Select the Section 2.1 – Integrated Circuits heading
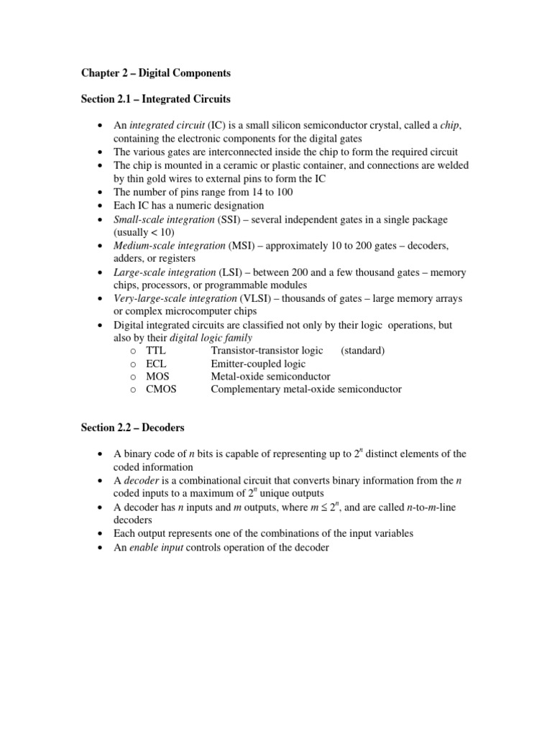[155, 98]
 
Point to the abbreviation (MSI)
[240, 246]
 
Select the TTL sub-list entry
[155, 351]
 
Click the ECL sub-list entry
[156, 364]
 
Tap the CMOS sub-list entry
[161, 390]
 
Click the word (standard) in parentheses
[363, 351]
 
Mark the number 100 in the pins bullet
[284, 192]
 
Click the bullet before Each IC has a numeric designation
[100, 206]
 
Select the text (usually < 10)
[144, 233]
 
